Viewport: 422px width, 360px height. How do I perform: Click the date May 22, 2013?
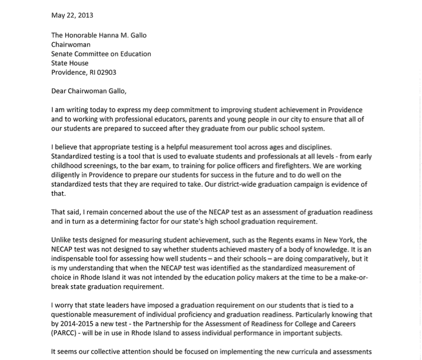[72, 15]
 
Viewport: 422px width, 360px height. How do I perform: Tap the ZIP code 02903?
[105, 72]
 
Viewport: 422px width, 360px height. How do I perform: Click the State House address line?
[69, 63]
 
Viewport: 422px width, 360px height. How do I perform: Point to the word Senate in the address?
[62, 54]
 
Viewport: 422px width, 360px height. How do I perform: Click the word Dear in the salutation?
[60, 91]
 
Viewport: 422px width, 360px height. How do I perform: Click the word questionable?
[79, 314]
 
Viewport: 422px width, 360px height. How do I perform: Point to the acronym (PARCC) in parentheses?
[66, 332]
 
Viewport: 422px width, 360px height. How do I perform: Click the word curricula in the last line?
[297, 351]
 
